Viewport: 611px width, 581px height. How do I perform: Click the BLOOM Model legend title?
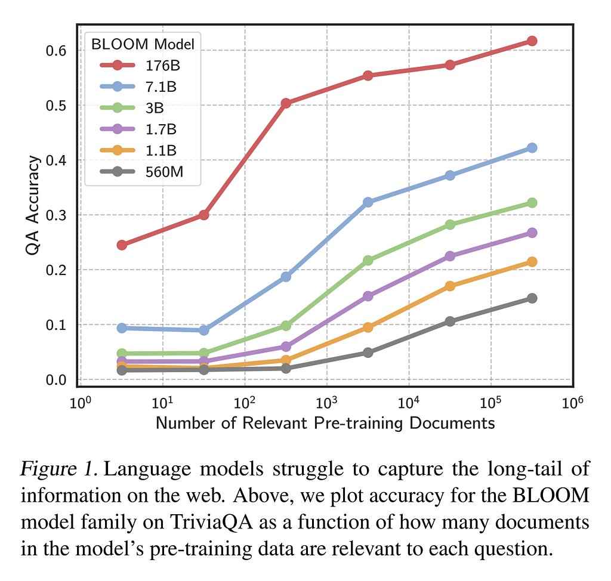click(143, 43)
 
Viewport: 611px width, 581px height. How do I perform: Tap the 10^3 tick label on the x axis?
click(327, 404)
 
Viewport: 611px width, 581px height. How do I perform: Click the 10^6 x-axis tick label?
click(573, 404)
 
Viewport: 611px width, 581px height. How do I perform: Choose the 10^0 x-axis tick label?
click(81, 404)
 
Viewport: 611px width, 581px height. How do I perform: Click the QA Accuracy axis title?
click(34, 205)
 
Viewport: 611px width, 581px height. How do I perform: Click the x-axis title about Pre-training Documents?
click(325, 424)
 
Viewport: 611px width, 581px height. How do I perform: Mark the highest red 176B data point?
click(532, 41)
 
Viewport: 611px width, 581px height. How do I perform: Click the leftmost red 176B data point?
click(122, 245)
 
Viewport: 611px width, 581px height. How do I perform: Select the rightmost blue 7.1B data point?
click(532, 148)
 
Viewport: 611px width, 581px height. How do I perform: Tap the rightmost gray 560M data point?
click(532, 298)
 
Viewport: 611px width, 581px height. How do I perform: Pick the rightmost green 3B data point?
click(532, 203)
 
